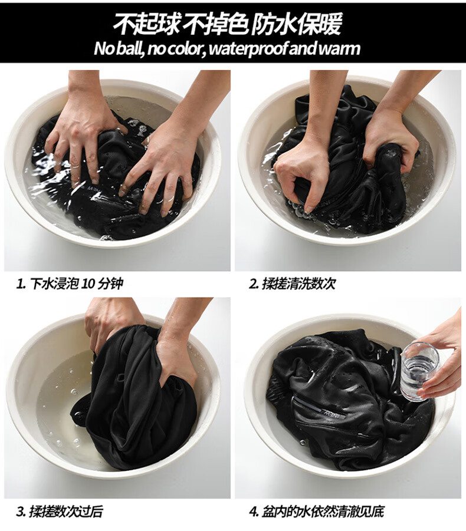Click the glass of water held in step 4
(x=419, y=371)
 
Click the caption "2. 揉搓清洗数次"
(x=292, y=284)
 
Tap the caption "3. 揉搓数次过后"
(x=60, y=512)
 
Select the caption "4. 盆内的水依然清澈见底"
(x=317, y=512)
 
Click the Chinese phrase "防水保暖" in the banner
(x=296, y=25)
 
